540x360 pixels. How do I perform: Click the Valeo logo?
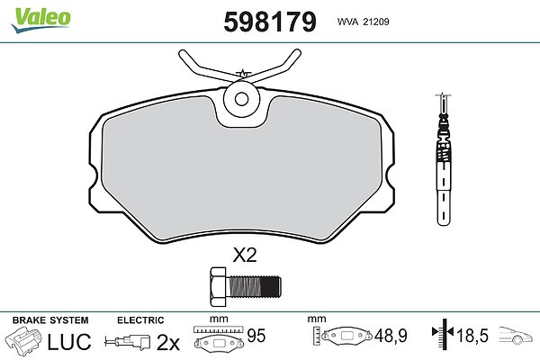pyautogui.click(x=41, y=19)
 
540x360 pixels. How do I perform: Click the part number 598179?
pyautogui.click(x=270, y=22)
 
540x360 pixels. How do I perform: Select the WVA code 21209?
pyautogui.click(x=376, y=22)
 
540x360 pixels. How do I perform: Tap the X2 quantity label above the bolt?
pyautogui.click(x=245, y=256)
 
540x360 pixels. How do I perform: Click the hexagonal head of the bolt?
pyautogui.click(x=219, y=286)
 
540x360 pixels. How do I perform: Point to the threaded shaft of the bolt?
pyautogui.click(x=254, y=286)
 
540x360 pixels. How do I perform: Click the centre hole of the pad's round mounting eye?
pyautogui.click(x=241, y=99)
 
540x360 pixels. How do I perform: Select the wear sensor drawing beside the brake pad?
pyautogui.click(x=444, y=159)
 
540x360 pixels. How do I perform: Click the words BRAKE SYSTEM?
pyautogui.click(x=50, y=320)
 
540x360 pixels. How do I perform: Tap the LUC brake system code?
pyautogui.click(x=69, y=341)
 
